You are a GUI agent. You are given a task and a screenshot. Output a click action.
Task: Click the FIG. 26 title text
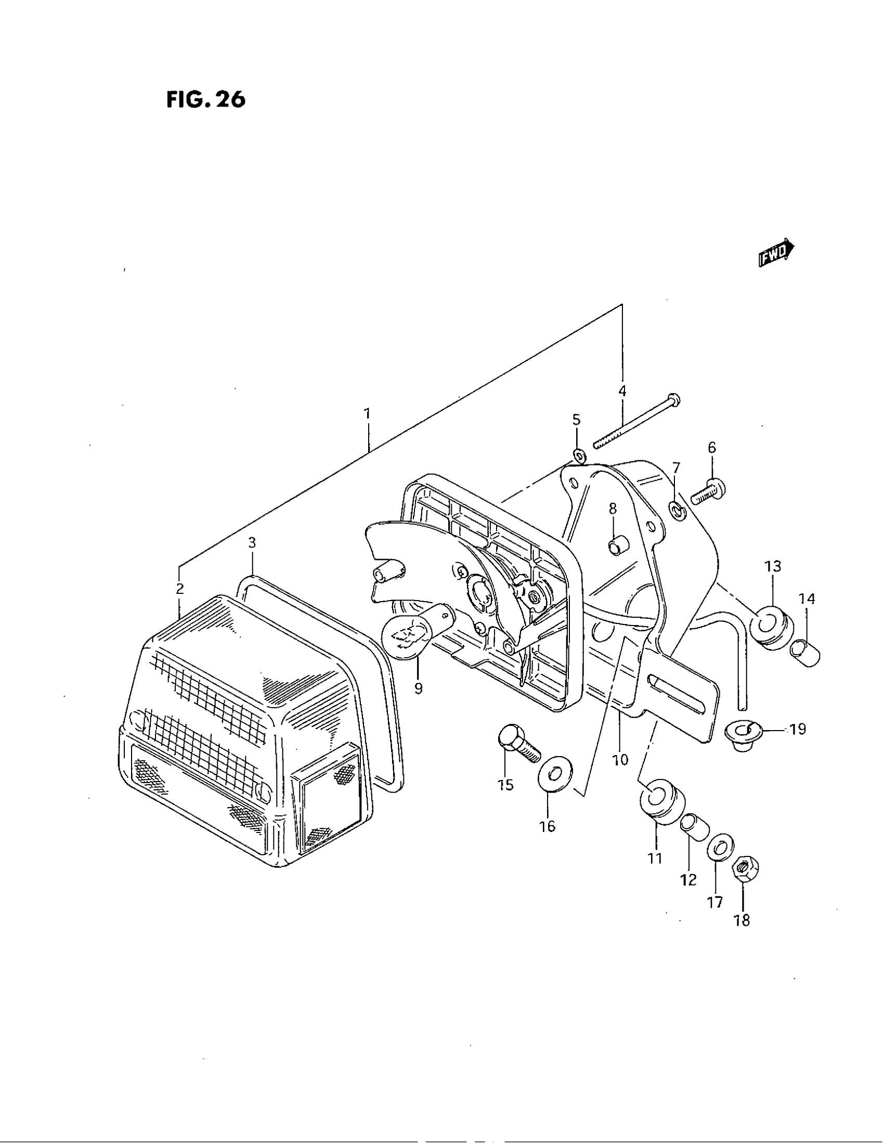(206, 99)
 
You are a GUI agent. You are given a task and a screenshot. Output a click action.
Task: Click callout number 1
(368, 414)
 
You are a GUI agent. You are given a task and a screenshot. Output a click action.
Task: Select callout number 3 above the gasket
(252, 543)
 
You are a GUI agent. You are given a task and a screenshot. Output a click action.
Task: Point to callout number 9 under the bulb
(418, 689)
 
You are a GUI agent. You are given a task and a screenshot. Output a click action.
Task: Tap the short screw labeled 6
(707, 491)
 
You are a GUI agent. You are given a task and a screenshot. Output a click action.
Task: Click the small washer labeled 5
(578, 454)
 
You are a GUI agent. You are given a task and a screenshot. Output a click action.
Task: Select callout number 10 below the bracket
(619, 760)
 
